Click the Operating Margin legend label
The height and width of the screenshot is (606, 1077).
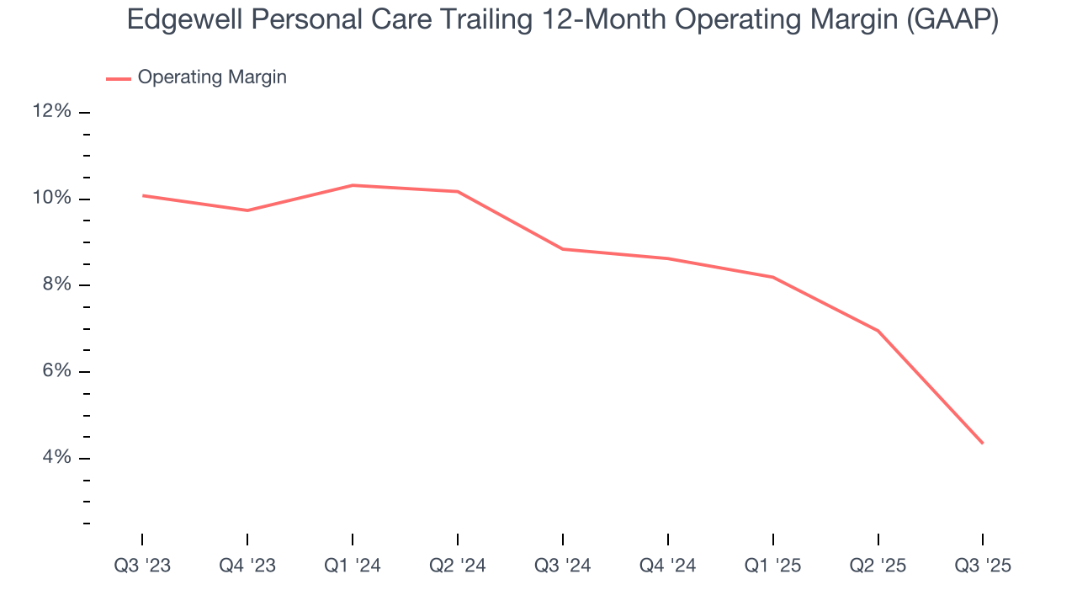[x=212, y=77]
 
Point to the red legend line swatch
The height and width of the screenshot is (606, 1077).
[x=118, y=78]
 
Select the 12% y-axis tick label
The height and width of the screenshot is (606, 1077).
[x=52, y=112]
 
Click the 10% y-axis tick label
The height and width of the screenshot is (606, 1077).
[x=52, y=199]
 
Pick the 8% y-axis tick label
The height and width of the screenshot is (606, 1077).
[x=56, y=285]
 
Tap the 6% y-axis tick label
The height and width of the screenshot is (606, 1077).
[x=56, y=371]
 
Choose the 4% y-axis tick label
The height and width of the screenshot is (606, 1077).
[x=56, y=458]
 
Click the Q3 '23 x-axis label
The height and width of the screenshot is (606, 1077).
[x=142, y=566]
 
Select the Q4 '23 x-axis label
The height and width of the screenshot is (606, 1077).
[x=247, y=566]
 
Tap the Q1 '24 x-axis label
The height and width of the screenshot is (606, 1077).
[x=353, y=566]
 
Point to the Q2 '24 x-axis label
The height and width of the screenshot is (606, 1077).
[x=458, y=566]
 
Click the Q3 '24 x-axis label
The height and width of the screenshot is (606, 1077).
[x=563, y=566]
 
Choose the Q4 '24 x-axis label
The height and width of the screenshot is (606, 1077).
[x=668, y=566]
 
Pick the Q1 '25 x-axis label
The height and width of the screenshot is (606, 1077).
[x=773, y=566]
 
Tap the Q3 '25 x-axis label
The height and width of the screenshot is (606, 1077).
[x=983, y=566]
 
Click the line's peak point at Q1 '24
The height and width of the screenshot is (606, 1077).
[x=353, y=185]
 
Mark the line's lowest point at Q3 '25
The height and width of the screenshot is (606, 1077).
[x=983, y=443]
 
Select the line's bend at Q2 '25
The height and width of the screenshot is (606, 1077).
[x=878, y=331]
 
